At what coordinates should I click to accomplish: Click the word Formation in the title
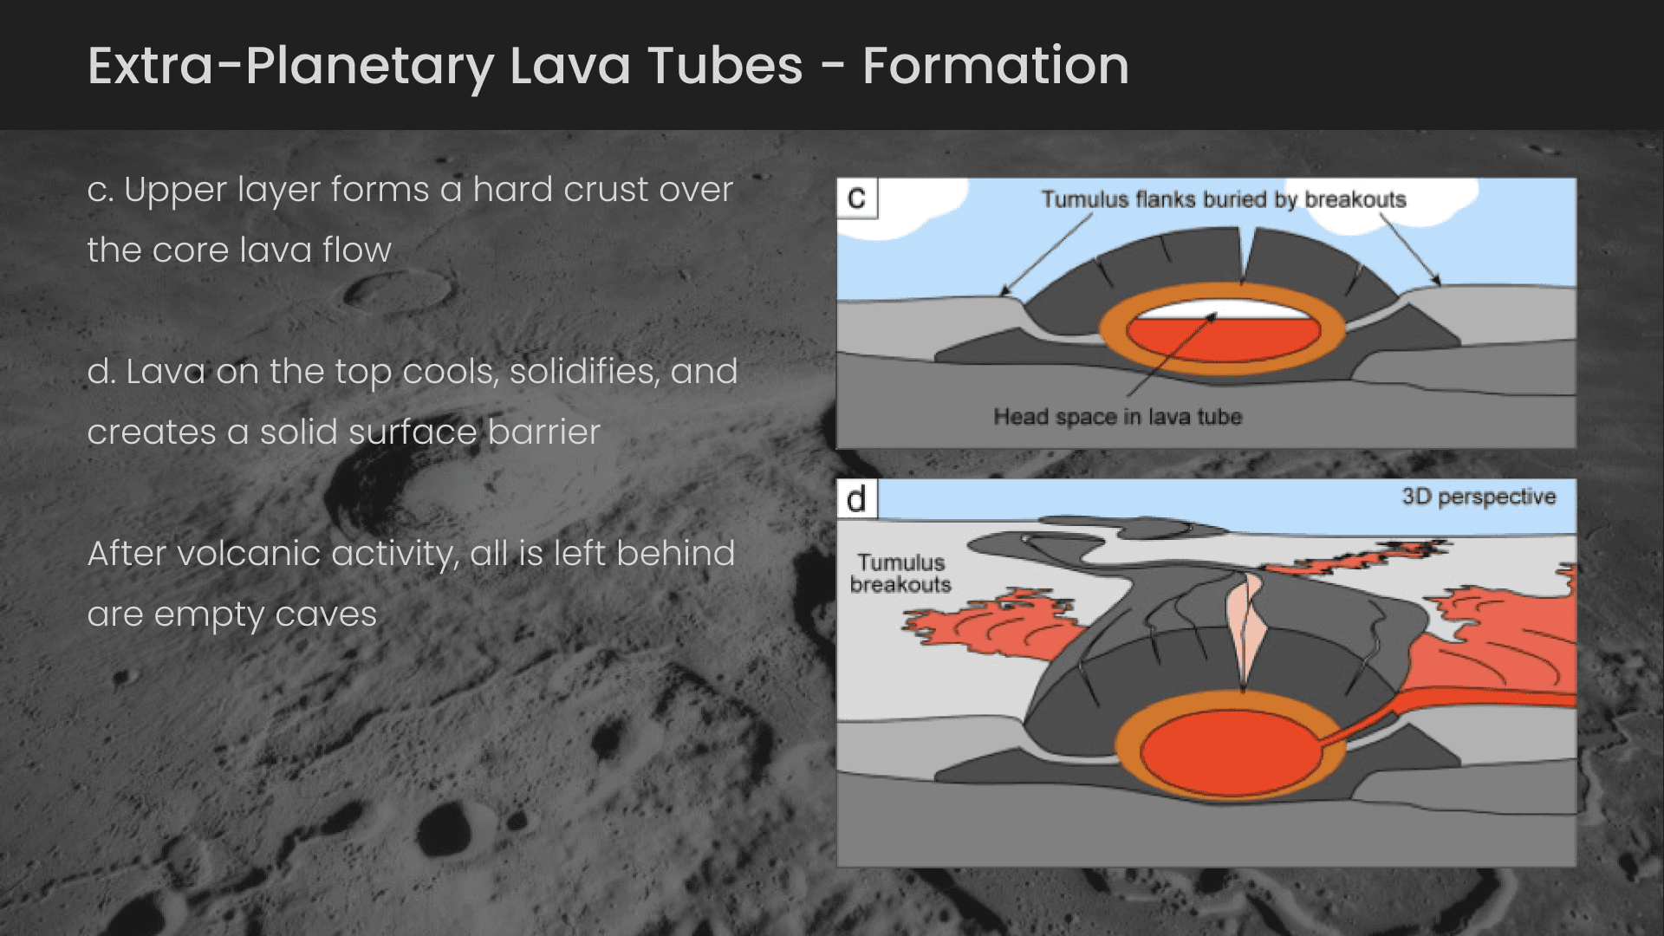996,66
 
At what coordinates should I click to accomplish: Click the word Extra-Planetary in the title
290,66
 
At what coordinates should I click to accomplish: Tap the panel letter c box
856,198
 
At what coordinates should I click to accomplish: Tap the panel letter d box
856,499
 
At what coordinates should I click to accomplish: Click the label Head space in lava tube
1117,417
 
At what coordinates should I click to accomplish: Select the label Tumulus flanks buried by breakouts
1223,199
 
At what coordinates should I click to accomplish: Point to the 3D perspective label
1479,497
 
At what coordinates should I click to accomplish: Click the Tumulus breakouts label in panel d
900,574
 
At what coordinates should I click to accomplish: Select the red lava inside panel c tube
1222,340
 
